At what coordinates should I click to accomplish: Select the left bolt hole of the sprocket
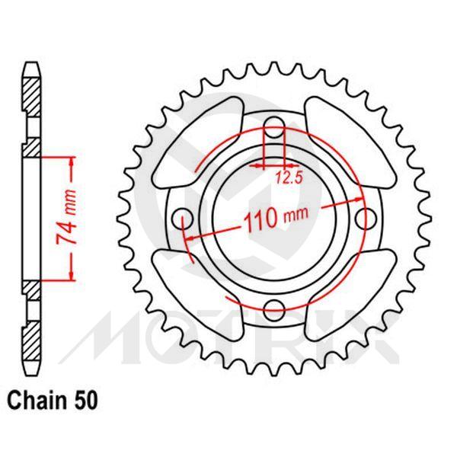pos(182,219)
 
